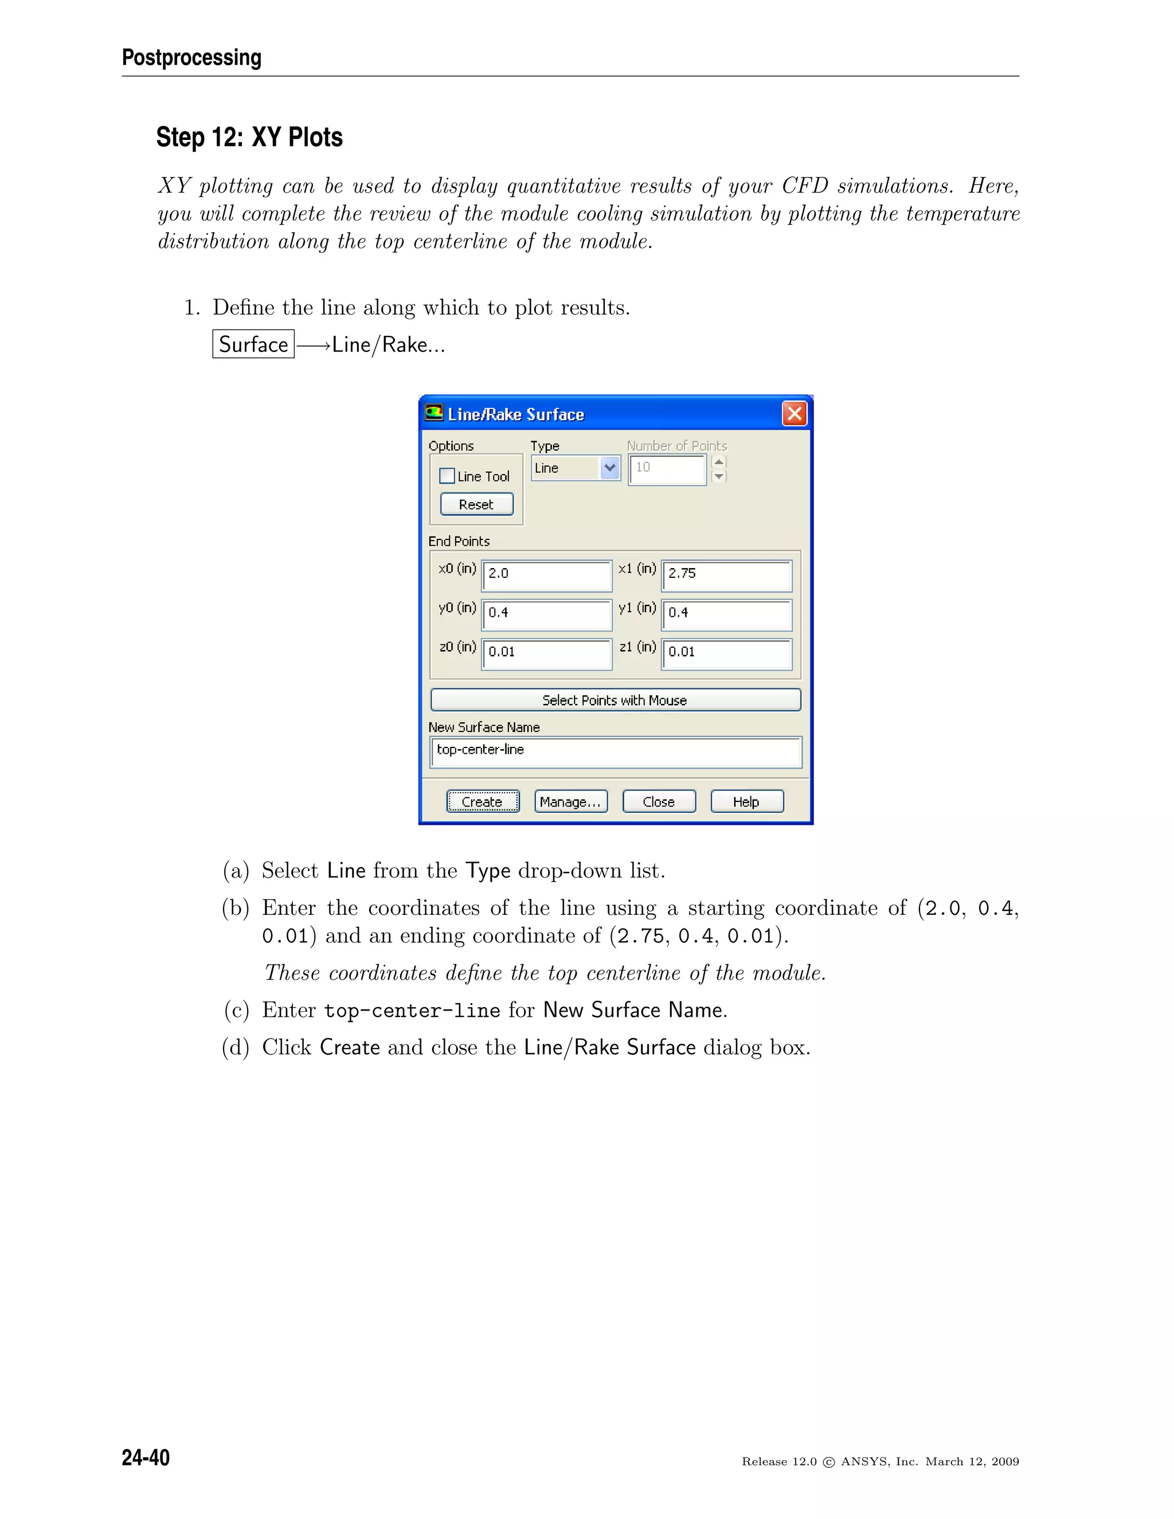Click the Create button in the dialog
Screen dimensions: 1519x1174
(483, 801)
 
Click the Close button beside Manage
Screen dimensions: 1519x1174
(659, 801)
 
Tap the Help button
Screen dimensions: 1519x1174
(746, 801)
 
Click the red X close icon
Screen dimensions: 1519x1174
(795, 414)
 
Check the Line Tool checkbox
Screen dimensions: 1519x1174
(447, 476)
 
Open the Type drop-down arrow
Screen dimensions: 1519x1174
(610, 468)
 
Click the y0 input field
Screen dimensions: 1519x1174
(547, 615)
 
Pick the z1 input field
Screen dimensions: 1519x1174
(726, 654)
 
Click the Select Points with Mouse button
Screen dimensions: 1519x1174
(616, 700)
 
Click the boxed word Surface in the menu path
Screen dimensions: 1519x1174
(253, 344)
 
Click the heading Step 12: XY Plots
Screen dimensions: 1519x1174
(249, 137)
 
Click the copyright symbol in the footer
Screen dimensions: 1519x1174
(828, 1462)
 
